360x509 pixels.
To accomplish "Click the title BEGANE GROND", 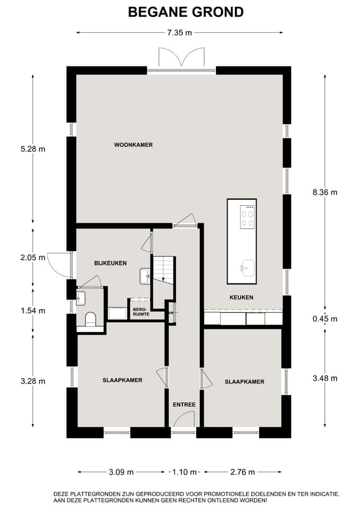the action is (x=186, y=12).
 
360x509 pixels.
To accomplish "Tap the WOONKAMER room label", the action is (x=134, y=145).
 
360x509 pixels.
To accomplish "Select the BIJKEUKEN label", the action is (x=110, y=263).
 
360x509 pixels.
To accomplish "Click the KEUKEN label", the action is (x=241, y=297).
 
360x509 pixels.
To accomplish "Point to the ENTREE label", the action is (x=184, y=405).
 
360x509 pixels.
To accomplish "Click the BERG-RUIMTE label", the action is (x=141, y=312).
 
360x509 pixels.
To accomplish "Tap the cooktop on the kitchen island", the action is (x=247, y=217).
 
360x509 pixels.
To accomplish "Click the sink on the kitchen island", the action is (x=248, y=268).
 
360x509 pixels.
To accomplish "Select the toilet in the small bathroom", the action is (x=91, y=319).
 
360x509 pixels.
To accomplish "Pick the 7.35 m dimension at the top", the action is (x=180, y=32).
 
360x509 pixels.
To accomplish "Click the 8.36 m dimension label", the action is (x=325, y=192).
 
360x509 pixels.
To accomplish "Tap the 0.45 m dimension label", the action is (x=325, y=319).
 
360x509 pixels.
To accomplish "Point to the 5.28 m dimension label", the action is (x=33, y=149).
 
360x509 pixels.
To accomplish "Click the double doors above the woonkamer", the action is (x=181, y=57).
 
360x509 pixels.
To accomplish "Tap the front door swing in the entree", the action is (x=184, y=419).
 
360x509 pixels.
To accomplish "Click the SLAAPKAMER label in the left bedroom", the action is (x=122, y=380).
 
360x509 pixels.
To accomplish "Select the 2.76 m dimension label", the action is (x=242, y=472).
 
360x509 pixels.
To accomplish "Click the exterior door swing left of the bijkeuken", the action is (x=59, y=265).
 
